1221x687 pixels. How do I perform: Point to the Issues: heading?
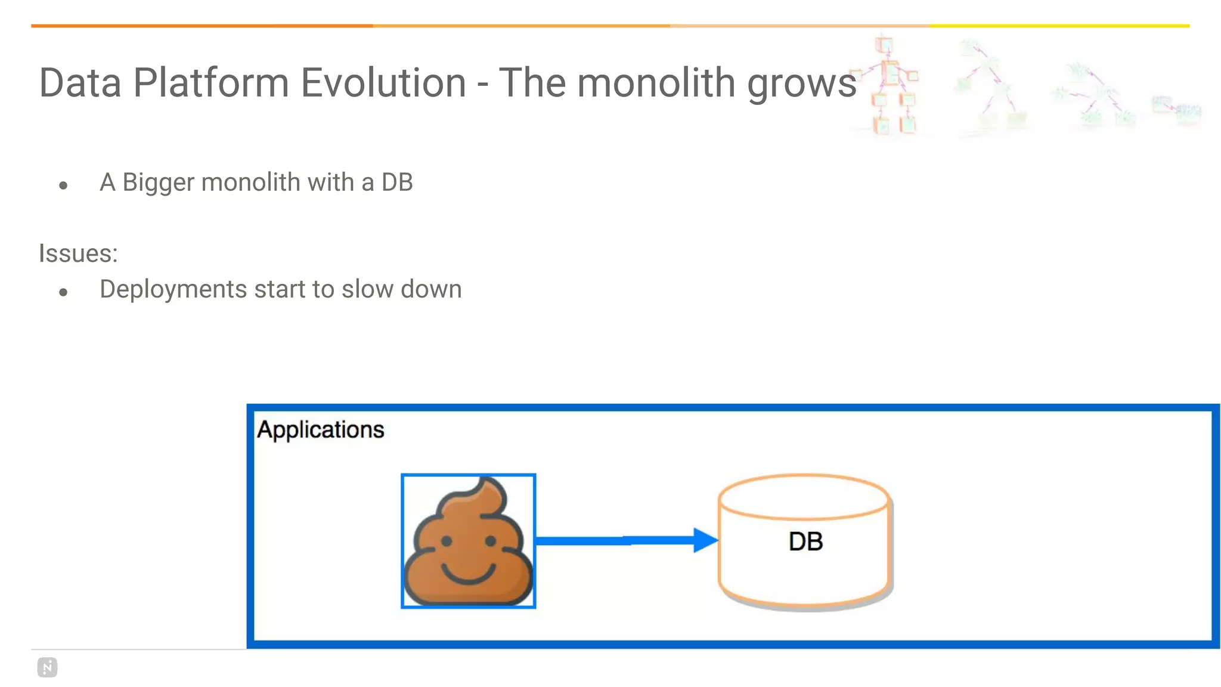(78, 253)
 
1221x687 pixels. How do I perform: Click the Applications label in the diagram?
(320, 429)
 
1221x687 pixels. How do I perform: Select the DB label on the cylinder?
(805, 541)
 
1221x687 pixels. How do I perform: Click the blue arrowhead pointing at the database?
(705, 540)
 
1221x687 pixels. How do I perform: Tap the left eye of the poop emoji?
(447, 541)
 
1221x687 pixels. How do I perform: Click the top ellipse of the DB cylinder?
(804, 497)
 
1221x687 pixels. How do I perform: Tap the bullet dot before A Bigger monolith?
(63, 185)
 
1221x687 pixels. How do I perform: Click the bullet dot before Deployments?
(63, 292)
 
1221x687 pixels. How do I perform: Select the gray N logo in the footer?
(48, 667)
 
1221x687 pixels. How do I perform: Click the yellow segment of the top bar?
(1059, 26)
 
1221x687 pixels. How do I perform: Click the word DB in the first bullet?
(397, 182)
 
